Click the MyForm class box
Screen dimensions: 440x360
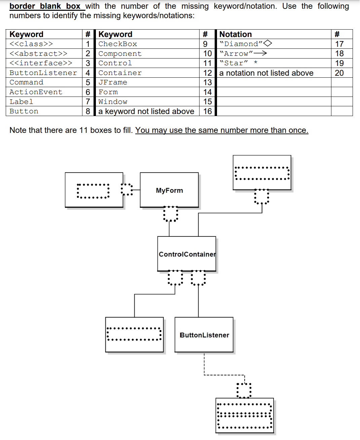169,190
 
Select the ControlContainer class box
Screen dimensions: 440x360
187,254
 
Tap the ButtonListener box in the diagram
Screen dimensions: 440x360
204,335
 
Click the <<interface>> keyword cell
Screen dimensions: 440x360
41,63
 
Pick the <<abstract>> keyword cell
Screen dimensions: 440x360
38,54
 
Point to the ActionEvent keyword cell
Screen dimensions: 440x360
36,92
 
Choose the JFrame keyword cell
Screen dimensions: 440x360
113,82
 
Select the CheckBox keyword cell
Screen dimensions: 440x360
118,44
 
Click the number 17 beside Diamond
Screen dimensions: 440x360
339,44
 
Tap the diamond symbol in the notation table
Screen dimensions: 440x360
268,43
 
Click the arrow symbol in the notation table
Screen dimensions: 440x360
260,53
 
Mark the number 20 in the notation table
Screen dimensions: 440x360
339,73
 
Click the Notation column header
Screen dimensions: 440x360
236,34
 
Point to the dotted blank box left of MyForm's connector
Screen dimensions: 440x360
127,190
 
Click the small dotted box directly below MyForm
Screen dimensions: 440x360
171,214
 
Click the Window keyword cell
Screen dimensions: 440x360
113,102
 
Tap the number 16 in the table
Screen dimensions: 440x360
208,111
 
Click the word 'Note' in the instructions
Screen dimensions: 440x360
18,130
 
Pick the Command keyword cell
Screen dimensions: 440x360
27,82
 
